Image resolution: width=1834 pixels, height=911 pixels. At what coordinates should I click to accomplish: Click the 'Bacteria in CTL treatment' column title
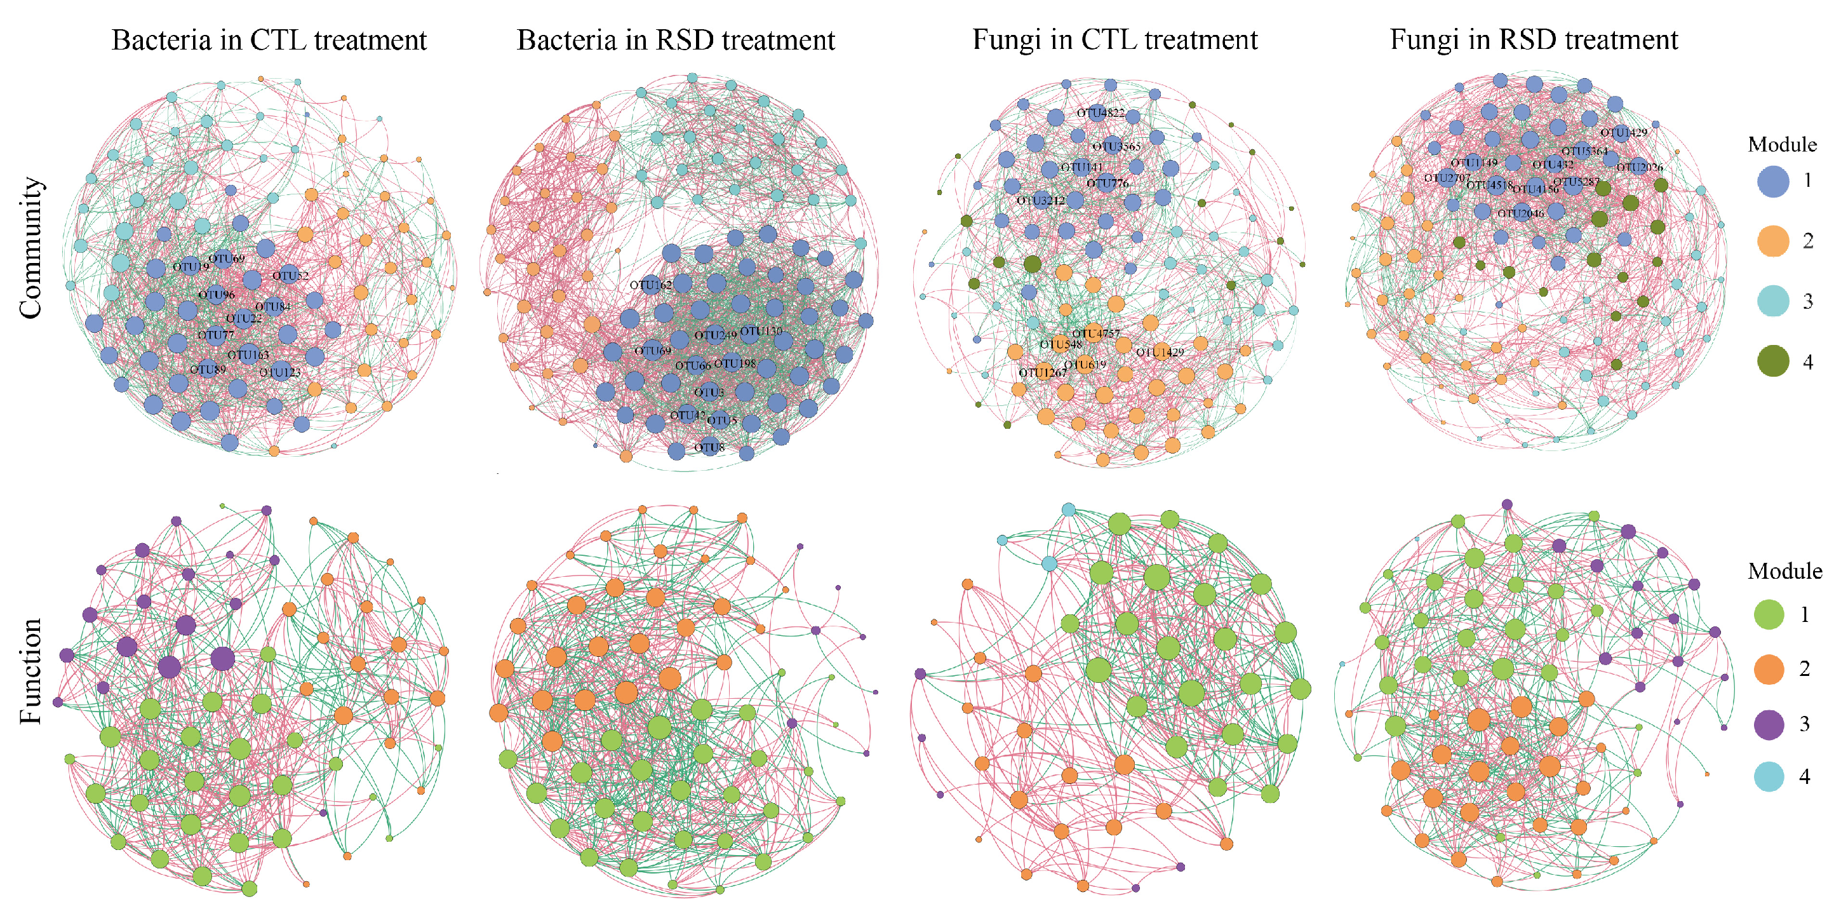tap(269, 40)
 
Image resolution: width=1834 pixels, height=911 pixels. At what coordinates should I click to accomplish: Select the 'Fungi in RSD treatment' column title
tap(1534, 40)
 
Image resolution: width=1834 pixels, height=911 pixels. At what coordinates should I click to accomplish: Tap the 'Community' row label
tap(30, 248)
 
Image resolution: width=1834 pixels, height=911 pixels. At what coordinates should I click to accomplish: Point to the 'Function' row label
tap(30, 671)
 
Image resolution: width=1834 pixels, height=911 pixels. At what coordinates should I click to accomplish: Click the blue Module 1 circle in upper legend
tap(1773, 181)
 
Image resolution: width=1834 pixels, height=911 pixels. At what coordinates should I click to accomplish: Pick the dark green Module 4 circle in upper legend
tap(1773, 361)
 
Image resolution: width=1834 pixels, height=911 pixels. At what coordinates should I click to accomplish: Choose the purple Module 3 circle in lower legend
tap(1769, 724)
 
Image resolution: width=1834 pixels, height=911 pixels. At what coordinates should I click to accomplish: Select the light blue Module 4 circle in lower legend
tap(1769, 776)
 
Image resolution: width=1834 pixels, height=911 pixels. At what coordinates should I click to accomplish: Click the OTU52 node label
tap(290, 276)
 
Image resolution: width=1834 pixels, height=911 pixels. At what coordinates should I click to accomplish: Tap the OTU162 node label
tap(651, 285)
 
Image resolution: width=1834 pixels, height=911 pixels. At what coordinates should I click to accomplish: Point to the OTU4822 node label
tap(1101, 112)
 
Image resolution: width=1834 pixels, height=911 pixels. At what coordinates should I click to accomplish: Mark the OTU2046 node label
tap(1521, 213)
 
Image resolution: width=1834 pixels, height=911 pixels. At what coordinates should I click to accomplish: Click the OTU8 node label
tap(709, 447)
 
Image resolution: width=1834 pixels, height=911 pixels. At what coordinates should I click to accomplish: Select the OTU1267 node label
tap(1043, 372)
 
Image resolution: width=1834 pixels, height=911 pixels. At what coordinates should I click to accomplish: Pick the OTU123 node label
tap(280, 372)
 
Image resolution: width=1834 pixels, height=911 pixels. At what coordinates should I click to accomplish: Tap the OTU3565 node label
tap(1116, 147)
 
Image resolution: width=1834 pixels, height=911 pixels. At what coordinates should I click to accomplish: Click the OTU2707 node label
tap(1447, 177)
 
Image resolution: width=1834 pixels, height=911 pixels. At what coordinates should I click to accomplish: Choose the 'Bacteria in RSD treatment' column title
tap(676, 40)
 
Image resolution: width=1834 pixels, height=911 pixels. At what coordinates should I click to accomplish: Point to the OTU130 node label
tap(761, 331)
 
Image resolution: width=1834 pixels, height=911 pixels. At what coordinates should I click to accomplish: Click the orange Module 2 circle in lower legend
tap(1769, 670)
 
